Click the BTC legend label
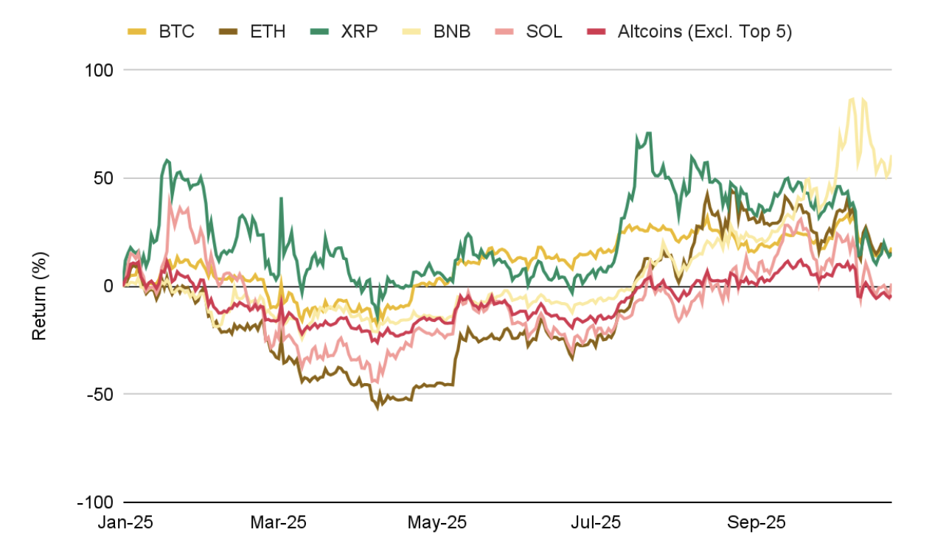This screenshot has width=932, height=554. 176,32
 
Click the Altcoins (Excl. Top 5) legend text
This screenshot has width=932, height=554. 704,32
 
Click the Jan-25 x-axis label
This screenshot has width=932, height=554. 125,523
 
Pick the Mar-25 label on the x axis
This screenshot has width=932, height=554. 278,523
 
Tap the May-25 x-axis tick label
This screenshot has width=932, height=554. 437,523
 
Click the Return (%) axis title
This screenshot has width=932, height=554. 39,295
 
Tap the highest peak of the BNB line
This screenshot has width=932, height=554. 853,99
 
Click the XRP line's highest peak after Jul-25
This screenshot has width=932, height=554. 648,133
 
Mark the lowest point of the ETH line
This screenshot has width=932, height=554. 379,407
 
